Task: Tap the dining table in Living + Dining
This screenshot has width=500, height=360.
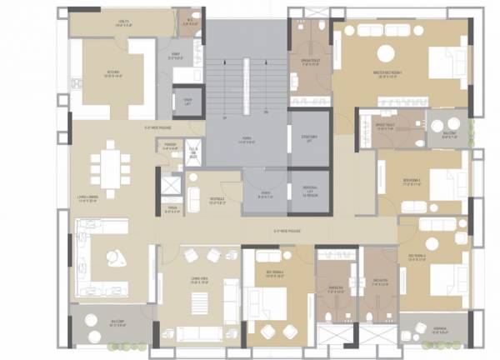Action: (x=110, y=166)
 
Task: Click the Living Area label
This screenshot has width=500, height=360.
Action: (x=199, y=282)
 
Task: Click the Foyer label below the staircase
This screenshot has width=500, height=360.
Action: (x=263, y=193)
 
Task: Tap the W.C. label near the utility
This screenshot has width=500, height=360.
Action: (x=191, y=21)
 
